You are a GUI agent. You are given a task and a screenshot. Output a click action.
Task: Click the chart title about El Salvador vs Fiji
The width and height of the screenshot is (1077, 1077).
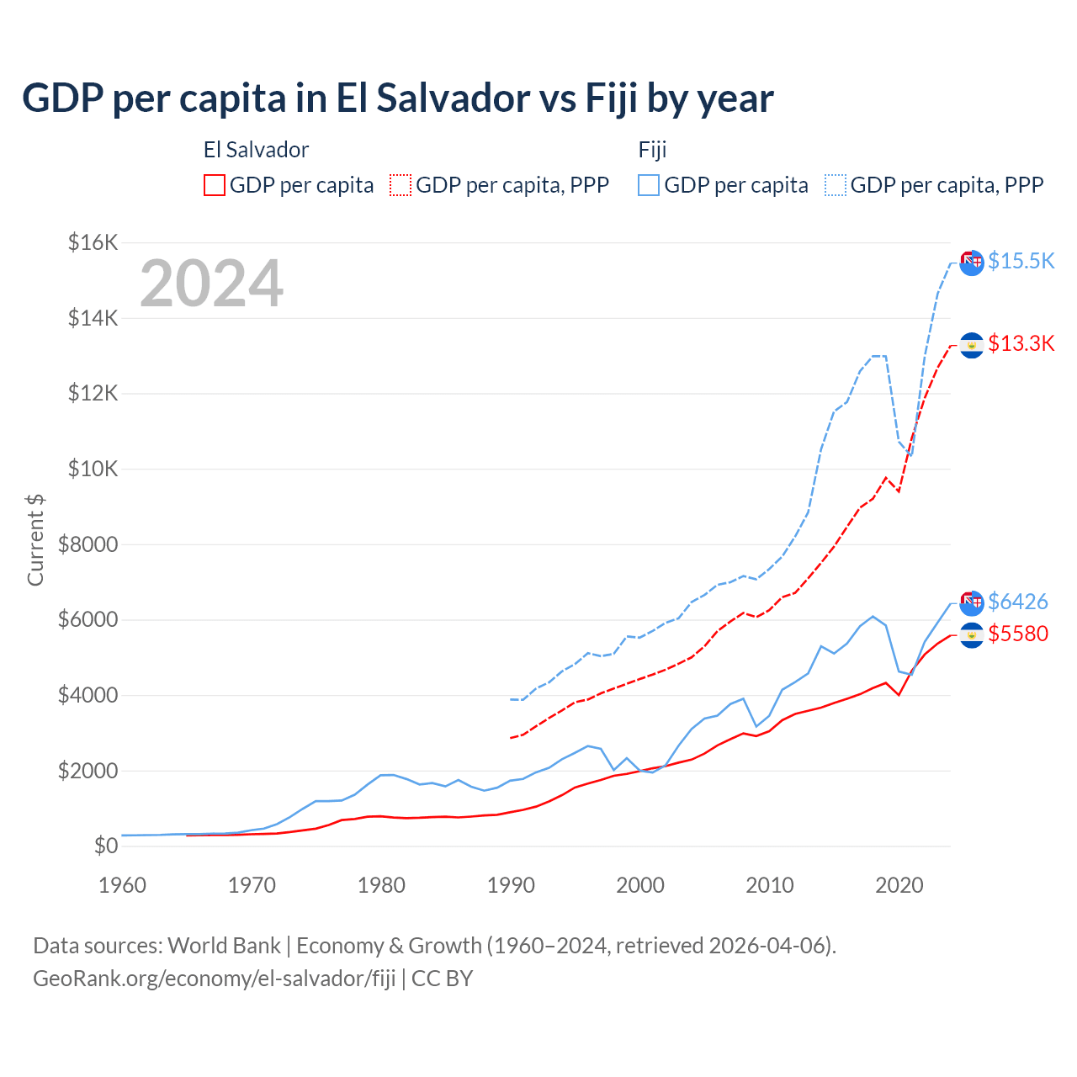397,98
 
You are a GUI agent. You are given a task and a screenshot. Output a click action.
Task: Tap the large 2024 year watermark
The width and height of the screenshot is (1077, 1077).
211,284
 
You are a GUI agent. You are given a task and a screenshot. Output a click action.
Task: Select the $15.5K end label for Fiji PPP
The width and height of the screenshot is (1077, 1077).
1021,261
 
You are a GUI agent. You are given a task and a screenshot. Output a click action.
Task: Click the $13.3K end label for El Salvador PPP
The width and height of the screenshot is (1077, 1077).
1021,343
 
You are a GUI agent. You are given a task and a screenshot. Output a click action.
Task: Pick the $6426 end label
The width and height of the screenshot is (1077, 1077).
1017,602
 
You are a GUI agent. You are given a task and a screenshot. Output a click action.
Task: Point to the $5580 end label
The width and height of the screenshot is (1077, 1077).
1017,634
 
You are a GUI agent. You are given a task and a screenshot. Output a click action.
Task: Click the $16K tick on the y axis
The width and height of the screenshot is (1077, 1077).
93,243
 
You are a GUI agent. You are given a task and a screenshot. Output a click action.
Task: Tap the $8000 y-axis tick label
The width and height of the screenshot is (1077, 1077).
88,544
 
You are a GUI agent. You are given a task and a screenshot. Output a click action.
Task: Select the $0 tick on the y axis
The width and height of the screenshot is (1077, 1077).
105,846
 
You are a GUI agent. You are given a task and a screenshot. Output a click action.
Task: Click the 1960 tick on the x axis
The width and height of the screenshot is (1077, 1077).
123,885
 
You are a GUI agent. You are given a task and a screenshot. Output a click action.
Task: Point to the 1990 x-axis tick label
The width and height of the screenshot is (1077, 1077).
511,885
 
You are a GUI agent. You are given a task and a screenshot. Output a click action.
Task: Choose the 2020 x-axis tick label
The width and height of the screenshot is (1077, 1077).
899,885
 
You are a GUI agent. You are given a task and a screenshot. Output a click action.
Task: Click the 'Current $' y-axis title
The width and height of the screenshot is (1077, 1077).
35,540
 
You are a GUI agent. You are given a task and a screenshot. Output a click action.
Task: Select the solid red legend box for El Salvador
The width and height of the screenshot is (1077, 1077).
215,185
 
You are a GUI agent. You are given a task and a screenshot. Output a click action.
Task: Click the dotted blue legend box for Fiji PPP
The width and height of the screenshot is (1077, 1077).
836,185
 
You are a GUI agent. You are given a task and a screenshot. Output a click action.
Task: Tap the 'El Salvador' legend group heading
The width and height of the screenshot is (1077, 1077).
256,150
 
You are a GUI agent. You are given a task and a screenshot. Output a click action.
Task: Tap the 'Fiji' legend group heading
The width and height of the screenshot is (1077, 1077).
652,150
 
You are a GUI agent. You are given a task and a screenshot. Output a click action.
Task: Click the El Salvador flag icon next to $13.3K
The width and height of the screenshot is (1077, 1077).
972,345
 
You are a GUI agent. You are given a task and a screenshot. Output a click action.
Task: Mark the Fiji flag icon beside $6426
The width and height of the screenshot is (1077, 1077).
972,602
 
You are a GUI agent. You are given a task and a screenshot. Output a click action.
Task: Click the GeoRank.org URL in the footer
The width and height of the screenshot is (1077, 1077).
214,979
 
